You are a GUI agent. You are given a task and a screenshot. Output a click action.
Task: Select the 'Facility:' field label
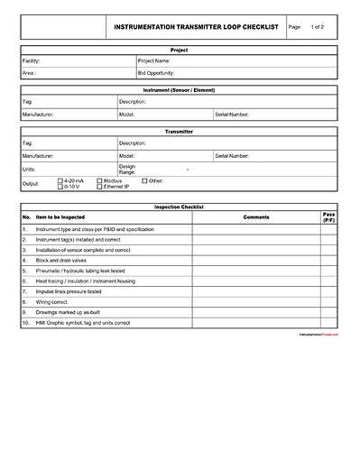click(x=31, y=60)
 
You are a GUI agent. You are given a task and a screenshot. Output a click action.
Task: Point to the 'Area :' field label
click(x=29, y=72)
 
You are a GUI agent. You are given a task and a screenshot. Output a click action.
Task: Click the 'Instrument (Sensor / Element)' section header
click(x=180, y=91)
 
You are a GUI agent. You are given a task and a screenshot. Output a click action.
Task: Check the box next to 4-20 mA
click(x=61, y=181)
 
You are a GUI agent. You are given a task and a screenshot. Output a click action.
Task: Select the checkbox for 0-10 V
click(x=61, y=187)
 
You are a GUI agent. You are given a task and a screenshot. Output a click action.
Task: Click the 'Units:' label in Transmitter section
click(x=29, y=169)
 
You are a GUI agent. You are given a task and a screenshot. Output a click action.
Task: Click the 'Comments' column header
click(x=256, y=217)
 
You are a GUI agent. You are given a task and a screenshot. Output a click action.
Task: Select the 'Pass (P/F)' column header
click(x=328, y=217)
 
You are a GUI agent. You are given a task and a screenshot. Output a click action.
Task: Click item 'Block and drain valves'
click(x=61, y=260)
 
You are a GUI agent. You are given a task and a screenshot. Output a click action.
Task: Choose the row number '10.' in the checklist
click(x=27, y=322)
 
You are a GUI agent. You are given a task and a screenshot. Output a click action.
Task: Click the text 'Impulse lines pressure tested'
click(x=69, y=291)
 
